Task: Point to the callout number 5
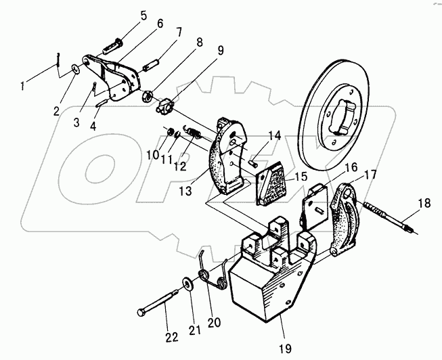[143, 15]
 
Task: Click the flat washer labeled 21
[185, 282]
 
